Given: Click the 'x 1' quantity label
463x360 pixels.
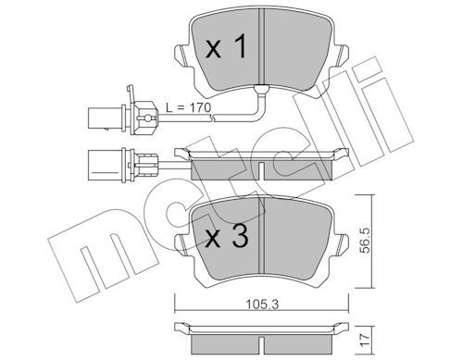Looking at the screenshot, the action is (226, 46).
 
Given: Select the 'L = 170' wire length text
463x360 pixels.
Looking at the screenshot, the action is (188, 107).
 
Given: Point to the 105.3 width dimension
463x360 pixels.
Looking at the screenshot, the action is (262, 304).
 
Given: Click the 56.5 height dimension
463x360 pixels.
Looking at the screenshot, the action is (365, 241).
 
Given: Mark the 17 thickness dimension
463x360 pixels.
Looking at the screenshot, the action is (365, 340).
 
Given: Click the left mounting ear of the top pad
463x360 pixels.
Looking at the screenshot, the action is (182, 56).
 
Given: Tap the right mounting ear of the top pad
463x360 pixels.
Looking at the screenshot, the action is (342, 56).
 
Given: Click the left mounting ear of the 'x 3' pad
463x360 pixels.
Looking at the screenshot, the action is (182, 244).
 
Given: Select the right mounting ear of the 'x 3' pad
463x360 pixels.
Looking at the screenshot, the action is (342, 244).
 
